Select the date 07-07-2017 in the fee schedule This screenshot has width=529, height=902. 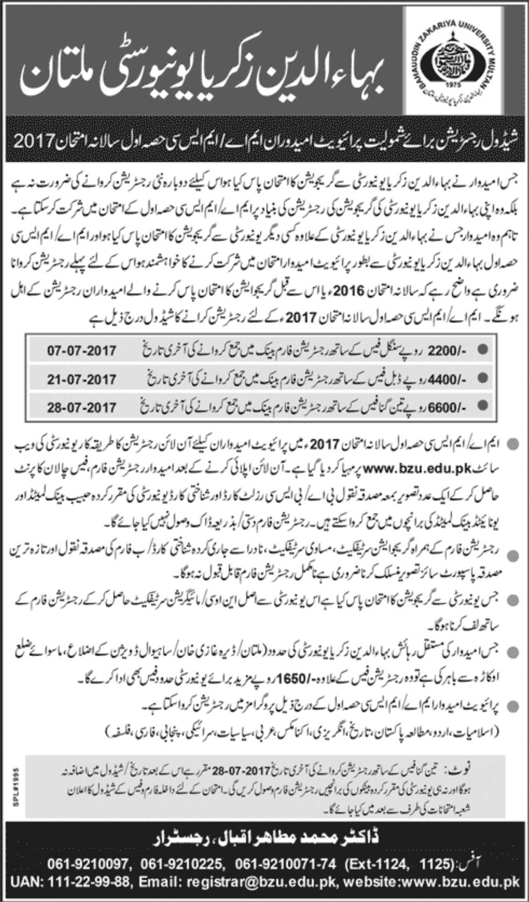click(x=81, y=350)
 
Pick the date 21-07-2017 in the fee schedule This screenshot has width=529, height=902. click(x=81, y=379)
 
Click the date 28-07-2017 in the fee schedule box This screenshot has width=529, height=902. click(x=81, y=407)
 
